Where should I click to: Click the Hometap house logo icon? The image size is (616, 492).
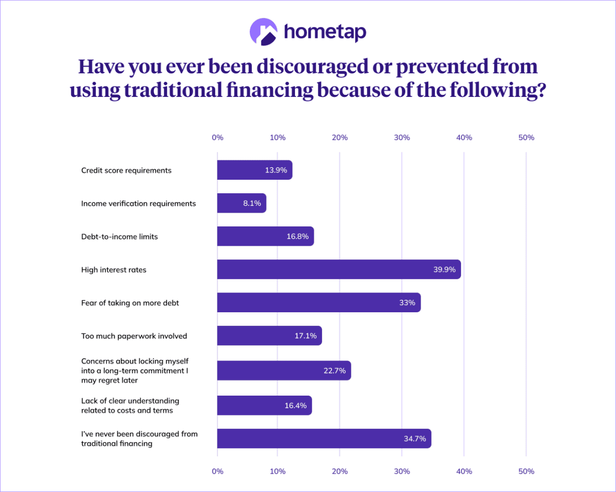(x=263, y=32)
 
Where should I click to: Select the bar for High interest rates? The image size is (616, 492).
(x=339, y=270)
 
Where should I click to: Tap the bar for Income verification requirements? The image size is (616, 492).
(x=242, y=203)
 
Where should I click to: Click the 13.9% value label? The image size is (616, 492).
(x=276, y=170)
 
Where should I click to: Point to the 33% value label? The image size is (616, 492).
(x=407, y=303)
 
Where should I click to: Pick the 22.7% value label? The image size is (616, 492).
(x=335, y=370)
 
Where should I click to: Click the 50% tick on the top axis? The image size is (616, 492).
(x=526, y=137)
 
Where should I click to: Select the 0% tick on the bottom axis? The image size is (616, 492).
(x=217, y=471)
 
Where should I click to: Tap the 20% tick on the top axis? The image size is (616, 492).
(x=339, y=137)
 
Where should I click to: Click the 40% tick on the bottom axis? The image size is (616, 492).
(x=464, y=471)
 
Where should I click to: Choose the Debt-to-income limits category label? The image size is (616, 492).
(x=119, y=237)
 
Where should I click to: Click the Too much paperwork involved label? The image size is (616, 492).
(x=134, y=336)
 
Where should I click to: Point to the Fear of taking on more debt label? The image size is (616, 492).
(x=130, y=303)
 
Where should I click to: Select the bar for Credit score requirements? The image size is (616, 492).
(x=255, y=170)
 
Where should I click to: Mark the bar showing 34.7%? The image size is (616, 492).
(x=324, y=438)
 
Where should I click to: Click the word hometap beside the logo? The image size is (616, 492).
(x=325, y=32)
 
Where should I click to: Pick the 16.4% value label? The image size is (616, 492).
(x=296, y=405)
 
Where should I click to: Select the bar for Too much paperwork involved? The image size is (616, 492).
(x=269, y=336)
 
